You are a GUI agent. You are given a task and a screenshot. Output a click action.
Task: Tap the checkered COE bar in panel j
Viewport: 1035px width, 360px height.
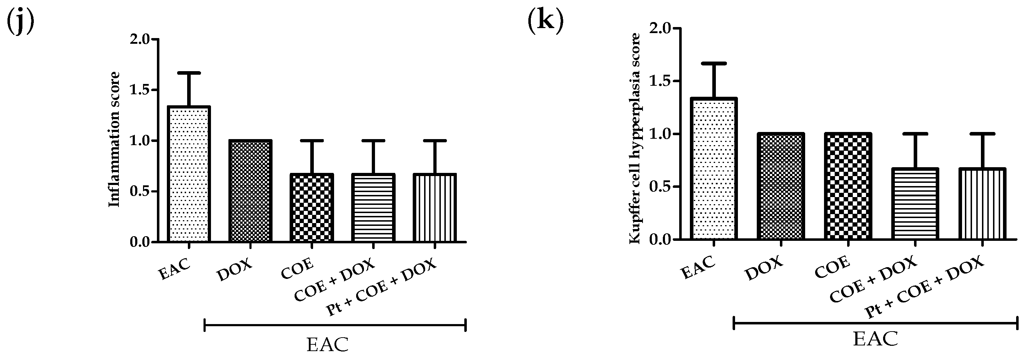coord(312,208)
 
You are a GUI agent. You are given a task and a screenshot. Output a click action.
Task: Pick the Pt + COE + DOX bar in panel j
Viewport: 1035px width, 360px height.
coord(434,208)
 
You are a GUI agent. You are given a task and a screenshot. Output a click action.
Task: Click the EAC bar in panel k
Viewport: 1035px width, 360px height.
coord(714,169)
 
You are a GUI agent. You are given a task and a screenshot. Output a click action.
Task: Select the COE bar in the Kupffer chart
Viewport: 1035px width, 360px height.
coord(848,186)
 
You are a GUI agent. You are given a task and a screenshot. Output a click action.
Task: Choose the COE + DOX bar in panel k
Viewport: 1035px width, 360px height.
coord(915,204)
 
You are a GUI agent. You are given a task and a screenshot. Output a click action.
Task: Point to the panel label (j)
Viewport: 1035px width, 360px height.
coord(20,22)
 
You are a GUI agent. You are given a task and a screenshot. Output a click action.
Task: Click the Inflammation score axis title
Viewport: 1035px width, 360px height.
coord(115,140)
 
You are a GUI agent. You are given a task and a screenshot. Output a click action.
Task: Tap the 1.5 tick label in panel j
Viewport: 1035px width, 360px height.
coord(139,90)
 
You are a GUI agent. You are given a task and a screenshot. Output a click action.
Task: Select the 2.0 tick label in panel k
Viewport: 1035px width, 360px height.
coord(659,28)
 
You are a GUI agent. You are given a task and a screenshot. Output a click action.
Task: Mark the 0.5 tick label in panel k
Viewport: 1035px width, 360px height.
coord(659,187)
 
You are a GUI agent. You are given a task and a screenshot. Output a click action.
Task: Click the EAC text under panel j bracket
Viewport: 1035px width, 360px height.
coord(327,344)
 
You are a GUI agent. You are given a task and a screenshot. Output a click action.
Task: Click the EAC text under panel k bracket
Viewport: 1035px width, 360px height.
coord(875,339)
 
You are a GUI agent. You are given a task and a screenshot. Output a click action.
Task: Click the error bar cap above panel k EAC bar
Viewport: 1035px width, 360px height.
coord(714,63)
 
